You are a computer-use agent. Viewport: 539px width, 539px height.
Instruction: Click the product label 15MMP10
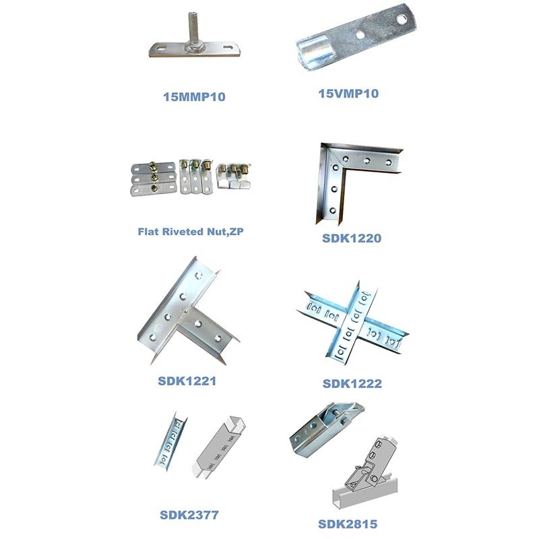click(194, 96)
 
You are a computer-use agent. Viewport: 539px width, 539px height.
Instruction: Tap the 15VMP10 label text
click(348, 94)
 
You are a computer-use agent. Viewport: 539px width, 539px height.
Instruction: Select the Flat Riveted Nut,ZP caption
click(191, 232)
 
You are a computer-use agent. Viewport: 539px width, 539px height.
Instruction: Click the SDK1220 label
click(352, 239)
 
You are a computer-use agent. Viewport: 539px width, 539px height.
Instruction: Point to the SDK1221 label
click(187, 381)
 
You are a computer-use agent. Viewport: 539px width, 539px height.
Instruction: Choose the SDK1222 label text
click(352, 383)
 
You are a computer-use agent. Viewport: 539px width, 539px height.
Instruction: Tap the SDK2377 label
click(189, 515)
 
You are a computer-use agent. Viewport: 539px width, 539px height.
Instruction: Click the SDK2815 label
click(348, 524)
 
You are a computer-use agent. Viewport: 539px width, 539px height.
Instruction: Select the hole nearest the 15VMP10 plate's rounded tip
click(401, 20)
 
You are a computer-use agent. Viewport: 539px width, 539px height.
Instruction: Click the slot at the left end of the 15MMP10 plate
click(160, 48)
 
